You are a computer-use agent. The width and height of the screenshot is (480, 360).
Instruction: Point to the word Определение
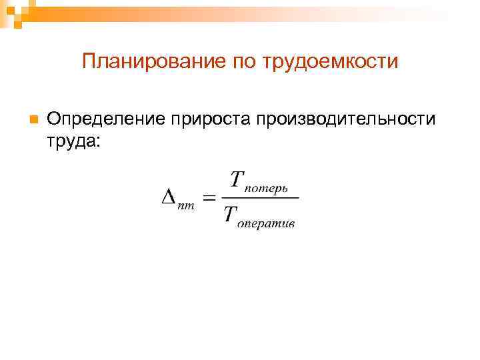click(x=106, y=119)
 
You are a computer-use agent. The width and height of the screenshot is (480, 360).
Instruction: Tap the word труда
click(x=69, y=141)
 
